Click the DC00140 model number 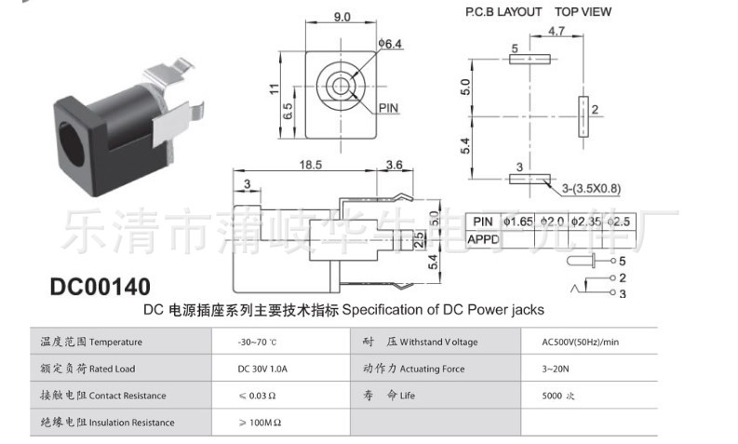pos(100,286)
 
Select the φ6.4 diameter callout pos(389,44)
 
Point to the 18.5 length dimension pos(311,165)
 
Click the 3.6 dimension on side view pos(394,165)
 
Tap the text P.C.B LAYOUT pos(503,12)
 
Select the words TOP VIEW pos(584,12)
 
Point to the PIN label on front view pos(388,108)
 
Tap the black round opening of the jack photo pos(74,146)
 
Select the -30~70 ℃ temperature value pos(264,343)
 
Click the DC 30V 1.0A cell pos(263,369)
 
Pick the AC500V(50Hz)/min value pos(580,343)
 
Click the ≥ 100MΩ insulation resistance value pos(261,423)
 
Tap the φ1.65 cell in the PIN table pos(517,222)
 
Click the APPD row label pos(483,238)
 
